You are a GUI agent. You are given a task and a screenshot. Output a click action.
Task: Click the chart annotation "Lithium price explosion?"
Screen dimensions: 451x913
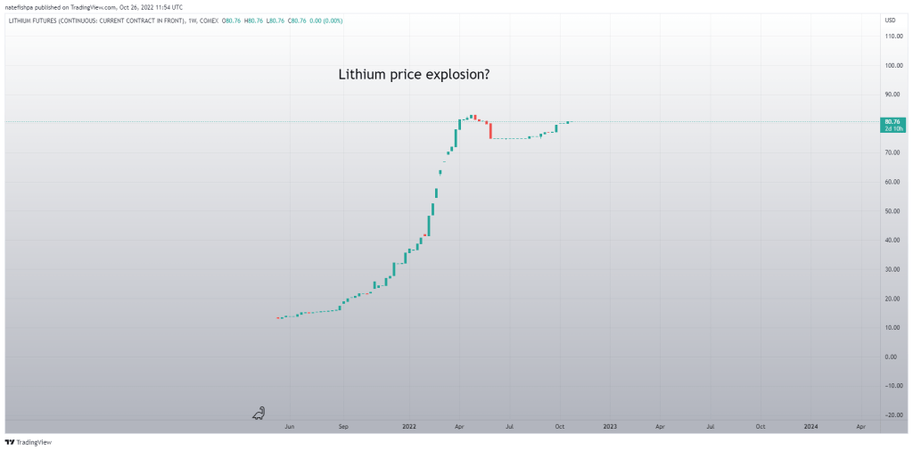click(x=413, y=75)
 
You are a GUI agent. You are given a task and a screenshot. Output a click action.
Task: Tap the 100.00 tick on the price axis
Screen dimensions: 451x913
click(x=891, y=66)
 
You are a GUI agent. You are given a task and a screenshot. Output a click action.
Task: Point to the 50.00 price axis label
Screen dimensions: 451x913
click(x=891, y=211)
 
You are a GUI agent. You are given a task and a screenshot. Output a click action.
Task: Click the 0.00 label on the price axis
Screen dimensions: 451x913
click(x=891, y=357)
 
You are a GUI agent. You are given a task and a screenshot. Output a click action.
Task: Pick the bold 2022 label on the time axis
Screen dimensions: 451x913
click(x=409, y=427)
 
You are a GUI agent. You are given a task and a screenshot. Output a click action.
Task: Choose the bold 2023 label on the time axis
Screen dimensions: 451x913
click(x=609, y=427)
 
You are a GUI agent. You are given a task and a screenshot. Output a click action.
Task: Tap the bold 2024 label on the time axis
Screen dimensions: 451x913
click(x=810, y=427)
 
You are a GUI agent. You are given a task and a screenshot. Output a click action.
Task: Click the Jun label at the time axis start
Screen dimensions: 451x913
click(x=289, y=427)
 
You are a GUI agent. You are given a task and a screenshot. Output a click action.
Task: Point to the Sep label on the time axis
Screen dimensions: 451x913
click(x=343, y=427)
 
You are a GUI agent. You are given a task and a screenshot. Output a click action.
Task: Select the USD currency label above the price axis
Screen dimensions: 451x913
click(x=890, y=20)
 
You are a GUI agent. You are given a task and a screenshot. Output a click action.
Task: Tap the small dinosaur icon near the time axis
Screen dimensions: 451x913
click(x=259, y=413)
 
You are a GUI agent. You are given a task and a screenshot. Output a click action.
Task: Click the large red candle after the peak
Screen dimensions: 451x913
click(x=490, y=130)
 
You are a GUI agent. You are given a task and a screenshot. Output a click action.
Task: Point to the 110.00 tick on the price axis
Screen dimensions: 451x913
click(x=891, y=37)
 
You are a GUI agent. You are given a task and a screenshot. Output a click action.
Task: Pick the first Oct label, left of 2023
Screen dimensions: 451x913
click(x=559, y=427)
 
